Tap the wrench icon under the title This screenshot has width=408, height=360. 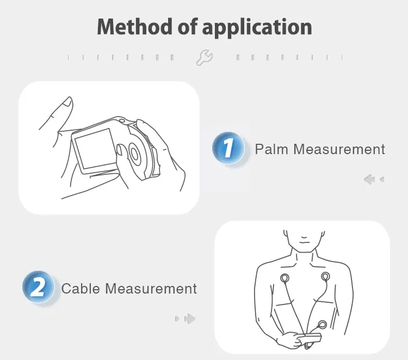coord(205,57)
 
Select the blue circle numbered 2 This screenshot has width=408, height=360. coord(38,287)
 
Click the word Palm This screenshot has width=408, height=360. coord(271,149)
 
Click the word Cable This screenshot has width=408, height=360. coord(81,288)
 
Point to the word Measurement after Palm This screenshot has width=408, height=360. coord(338,149)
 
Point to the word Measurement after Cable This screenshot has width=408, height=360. coord(151,288)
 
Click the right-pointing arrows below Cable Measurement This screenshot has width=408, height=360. coord(186,319)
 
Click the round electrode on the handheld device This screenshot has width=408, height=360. coord(134,153)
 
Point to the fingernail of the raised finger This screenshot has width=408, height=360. coord(67,102)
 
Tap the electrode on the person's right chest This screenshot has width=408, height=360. coord(285,278)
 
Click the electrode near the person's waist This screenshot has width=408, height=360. coord(323,325)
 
